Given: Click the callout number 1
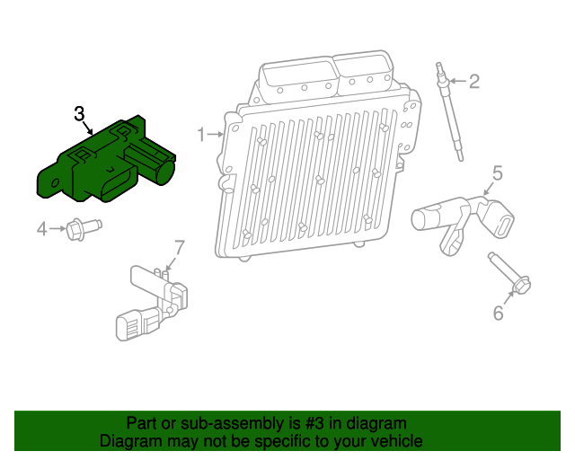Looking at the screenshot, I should coord(202,134).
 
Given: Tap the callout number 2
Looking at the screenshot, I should coord(474,82).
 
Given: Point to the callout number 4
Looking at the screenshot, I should coord(41,230).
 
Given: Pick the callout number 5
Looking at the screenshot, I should coord(497,172).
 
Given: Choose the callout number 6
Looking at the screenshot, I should coord(497,313).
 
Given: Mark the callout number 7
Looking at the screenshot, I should coord(179,245).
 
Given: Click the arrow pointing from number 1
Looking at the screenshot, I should coord(217,134).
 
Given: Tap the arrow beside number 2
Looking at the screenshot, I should coord(456,82).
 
